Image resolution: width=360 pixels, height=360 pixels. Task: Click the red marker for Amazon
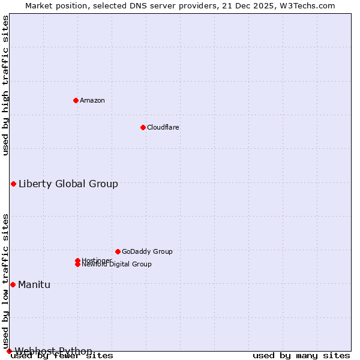click(76, 100)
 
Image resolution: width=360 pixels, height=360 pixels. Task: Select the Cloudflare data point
click(143, 127)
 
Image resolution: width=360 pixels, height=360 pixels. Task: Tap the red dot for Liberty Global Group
click(13, 184)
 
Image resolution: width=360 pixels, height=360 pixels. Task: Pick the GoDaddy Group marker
click(118, 251)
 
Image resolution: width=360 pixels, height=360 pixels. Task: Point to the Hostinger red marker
click(77, 260)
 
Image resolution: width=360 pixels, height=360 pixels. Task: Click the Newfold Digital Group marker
click(78, 265)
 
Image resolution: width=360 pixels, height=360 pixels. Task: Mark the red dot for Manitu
click(13, 284)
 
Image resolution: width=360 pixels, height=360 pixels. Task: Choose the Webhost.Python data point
click(9, 351)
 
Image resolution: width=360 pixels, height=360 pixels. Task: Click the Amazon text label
click(92, 100)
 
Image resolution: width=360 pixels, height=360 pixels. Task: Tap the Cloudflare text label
click(163, 127)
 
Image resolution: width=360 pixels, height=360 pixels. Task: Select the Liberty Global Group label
click(68, 184)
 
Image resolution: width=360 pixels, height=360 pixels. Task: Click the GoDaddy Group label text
click(147, 251)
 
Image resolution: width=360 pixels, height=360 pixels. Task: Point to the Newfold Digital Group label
click(117, 265)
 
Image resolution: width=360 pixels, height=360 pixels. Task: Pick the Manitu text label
click(34, 284)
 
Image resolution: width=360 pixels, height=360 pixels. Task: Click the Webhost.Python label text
click(53, 351)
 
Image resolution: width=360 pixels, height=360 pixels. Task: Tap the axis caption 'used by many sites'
click(301, 356)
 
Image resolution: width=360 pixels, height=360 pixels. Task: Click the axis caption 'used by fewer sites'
click(62, 356)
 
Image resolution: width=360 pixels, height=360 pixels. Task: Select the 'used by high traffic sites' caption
click(5, 86)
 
